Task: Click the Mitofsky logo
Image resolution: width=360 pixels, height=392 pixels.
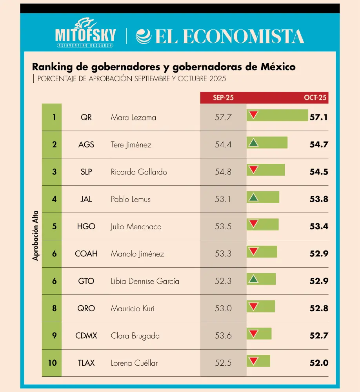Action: tap(85, 33)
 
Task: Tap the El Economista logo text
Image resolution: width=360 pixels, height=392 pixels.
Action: tap(220, 36)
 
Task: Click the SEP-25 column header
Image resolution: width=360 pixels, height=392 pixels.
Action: tap(223, 98)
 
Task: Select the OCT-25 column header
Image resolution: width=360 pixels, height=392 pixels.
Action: tap(315, 98)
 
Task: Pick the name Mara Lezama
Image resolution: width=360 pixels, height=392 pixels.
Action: tap(133, 117)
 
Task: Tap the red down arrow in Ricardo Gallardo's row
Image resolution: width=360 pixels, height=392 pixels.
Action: tap(254, 170)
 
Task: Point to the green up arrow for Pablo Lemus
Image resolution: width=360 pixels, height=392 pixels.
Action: tap(254, 197)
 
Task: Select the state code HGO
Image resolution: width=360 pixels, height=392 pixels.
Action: tap(86, 227)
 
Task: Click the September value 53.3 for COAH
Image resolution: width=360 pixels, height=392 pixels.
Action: tap(223, 254)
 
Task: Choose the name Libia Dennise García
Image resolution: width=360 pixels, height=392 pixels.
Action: tap(145, 281)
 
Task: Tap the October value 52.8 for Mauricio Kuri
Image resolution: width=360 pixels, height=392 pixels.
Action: tap(318, 309)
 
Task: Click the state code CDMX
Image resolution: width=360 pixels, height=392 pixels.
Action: tap(86, 336)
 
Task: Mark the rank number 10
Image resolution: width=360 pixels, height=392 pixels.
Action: tap(52, 363)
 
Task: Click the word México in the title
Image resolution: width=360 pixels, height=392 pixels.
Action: tap(278, 67)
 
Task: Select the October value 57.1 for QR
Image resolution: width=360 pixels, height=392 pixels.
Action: tap(318, 117)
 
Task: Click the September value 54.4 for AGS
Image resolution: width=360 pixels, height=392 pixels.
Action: tap(223, 145)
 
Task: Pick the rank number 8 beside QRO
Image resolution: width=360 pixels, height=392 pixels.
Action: tap(54, 309)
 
